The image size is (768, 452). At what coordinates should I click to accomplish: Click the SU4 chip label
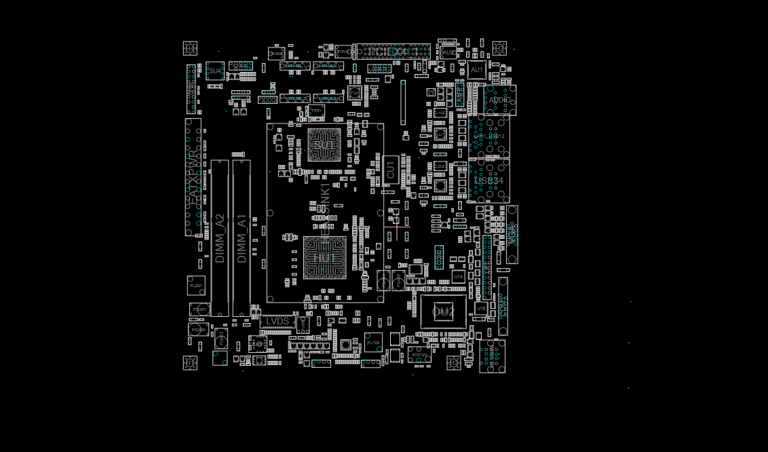click(215, 71)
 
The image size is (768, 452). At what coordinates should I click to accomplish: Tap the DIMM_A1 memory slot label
click(242, 238)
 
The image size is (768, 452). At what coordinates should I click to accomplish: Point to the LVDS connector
click(277, 321)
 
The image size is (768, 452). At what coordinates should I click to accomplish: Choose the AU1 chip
click(476, 70)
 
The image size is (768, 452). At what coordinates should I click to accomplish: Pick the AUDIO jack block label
click(500, 100)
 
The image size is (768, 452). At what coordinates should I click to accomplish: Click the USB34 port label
click(488, 181)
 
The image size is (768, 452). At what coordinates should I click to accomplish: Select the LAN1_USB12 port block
click(488, 136)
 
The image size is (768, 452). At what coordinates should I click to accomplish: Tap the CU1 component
click(390, 170)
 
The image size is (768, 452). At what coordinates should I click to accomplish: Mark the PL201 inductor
click(196, 286)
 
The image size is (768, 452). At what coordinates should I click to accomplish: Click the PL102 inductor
click(373, 343)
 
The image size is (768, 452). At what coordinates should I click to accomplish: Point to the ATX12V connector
click(419, 354)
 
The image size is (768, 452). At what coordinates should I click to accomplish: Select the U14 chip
click(459, 276)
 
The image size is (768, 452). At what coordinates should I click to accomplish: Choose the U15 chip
click(481, 308)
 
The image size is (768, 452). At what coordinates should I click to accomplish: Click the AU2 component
click(448, 53)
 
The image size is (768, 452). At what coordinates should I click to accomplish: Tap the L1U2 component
click(440, 166)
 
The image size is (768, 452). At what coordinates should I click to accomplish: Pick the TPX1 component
click(315, 111)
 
